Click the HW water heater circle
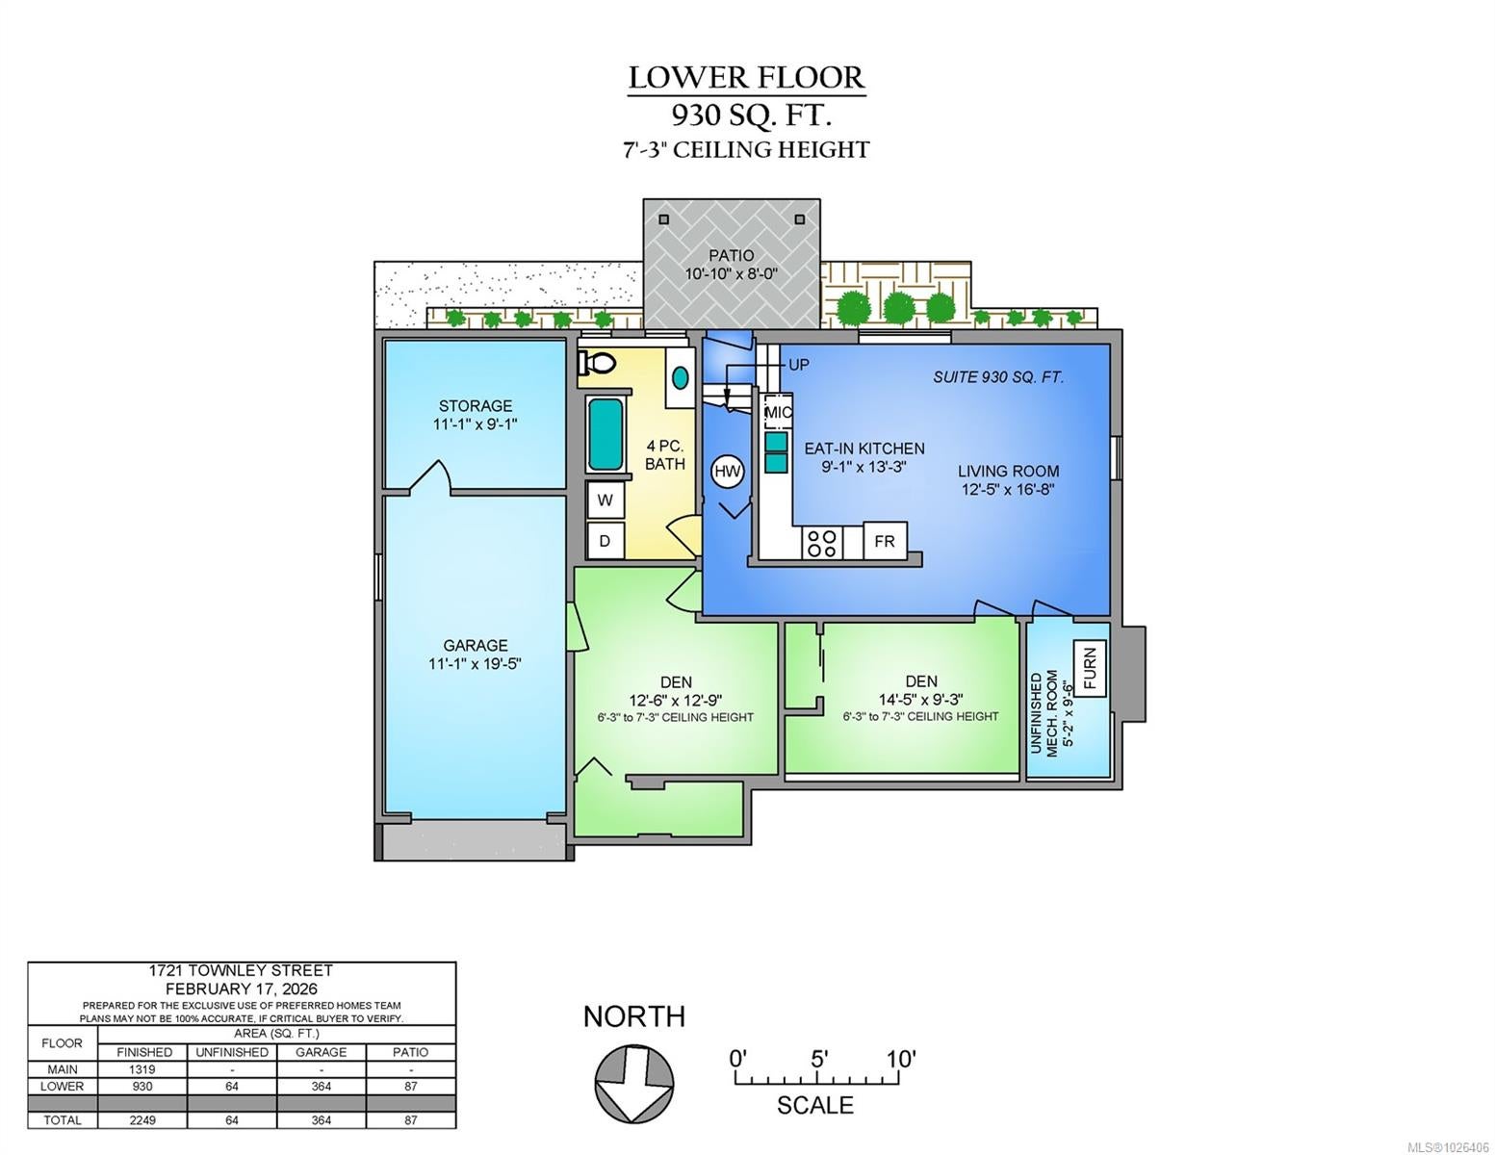(727, 472)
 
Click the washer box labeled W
(605, 500)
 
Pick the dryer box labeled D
(605, 541)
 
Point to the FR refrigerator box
(885, 541)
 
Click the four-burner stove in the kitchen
(822, 544)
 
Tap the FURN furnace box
(1090, 668)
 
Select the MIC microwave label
(778, 413)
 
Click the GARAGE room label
(475, 645)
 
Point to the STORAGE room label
(476, 406)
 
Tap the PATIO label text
(732, 256)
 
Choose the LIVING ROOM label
(1008, 472)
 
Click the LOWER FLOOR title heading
(746, 77)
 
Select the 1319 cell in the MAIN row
(142, 1069)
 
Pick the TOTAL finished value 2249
(142, 1120)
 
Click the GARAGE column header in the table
(321, 1052)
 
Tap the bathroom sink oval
(680, 377)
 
